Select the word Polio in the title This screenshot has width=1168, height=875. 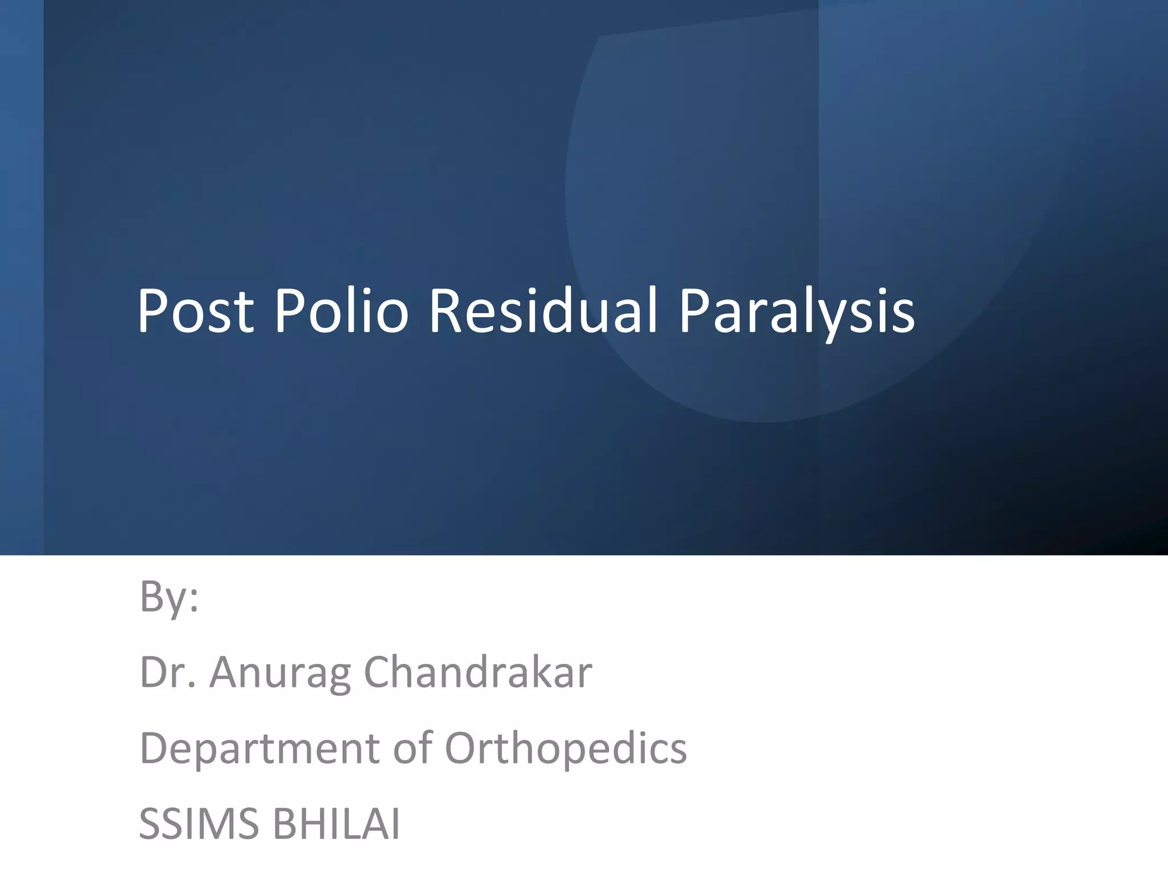pos(341,311)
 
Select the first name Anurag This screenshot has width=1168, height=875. pos(280,673)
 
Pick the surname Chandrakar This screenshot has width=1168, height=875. pos(478,673)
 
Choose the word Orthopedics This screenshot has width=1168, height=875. pos(565,748)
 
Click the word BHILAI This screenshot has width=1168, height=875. pos(336,824)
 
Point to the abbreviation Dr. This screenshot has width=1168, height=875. pos(168,673)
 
